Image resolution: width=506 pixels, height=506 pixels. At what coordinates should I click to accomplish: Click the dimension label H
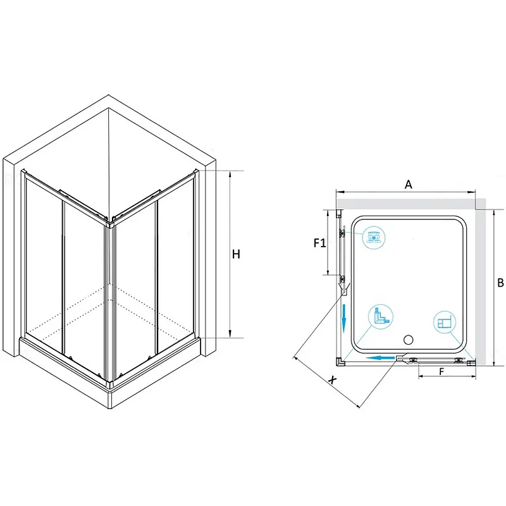(236, 254)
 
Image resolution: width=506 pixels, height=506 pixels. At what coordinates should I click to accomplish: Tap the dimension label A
(409, 184)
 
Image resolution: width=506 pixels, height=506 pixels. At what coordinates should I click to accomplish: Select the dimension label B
(500, 283)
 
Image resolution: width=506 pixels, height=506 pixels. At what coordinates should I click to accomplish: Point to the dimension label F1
(320, 243)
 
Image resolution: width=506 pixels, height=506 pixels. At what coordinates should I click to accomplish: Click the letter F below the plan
(441, 372)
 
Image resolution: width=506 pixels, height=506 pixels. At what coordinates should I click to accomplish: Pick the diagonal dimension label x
(332, 379)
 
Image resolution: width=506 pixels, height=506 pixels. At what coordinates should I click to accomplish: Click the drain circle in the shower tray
(408, 340)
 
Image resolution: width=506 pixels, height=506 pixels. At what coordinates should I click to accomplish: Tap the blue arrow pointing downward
(344, 318)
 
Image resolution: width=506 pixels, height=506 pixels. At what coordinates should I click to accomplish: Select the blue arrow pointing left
(381, 358)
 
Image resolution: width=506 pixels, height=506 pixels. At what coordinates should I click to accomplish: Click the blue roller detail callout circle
(374, 238)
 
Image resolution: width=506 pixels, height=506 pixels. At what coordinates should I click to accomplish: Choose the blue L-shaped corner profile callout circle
(381, 316)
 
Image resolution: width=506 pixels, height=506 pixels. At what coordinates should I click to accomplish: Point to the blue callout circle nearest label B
(445, 322)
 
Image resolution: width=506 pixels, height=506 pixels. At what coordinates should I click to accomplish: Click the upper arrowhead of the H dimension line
(230, 175)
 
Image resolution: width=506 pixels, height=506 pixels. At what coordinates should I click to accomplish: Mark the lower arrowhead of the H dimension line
(230, 334)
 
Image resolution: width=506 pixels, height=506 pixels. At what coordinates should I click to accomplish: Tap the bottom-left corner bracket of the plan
(340, 362)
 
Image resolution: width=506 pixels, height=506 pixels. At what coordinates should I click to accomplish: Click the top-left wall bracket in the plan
(339, 214)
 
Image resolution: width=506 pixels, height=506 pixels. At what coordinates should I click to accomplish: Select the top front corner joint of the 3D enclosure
(110, 222)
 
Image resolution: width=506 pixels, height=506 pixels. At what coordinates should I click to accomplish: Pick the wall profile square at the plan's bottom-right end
(471, 362)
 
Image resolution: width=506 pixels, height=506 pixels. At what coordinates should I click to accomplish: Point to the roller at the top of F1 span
(342, 233)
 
